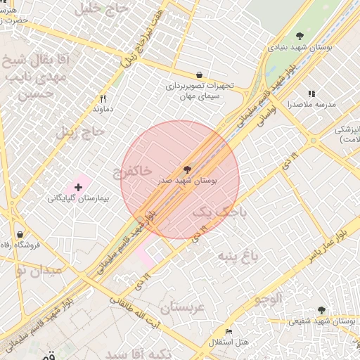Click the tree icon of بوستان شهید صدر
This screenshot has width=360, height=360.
click(x=187, y=170)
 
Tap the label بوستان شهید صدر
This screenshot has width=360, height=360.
click(x=187, y=181)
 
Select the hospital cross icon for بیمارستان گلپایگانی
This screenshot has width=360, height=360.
click(x=77, y=187)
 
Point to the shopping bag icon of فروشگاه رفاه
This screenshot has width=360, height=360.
click(x=20, y=233)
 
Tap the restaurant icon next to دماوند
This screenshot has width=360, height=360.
click(x=103, y=98)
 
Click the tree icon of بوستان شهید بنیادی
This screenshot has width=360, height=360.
click(x=300, y=36)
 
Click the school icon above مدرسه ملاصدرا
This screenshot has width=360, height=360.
click(x=311, y=94)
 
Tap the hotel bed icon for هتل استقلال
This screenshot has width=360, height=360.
click(x=229, y=331)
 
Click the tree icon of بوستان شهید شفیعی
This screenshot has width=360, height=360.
click(x=321, y=310)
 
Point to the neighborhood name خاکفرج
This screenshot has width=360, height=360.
click(x=132, y=171)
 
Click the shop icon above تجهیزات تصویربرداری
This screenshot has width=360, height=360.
click(x=199, y=75)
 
